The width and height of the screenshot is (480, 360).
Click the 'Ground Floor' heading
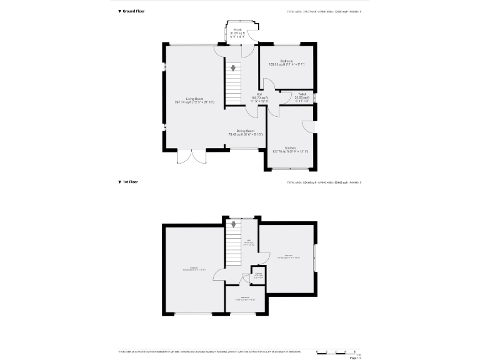tap(132, 11)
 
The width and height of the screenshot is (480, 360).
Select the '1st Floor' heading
tap(128, 182)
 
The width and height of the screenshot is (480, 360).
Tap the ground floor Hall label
tap(259, 96)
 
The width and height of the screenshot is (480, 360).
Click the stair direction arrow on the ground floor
tap(234, 67)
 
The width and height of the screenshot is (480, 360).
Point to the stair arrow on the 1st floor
tap(234, 225)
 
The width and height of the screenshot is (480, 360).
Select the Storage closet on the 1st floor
tap(259, 275)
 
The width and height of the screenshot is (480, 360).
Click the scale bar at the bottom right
tap(336, 352)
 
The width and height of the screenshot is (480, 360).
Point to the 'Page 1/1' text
tap(355, 358)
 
